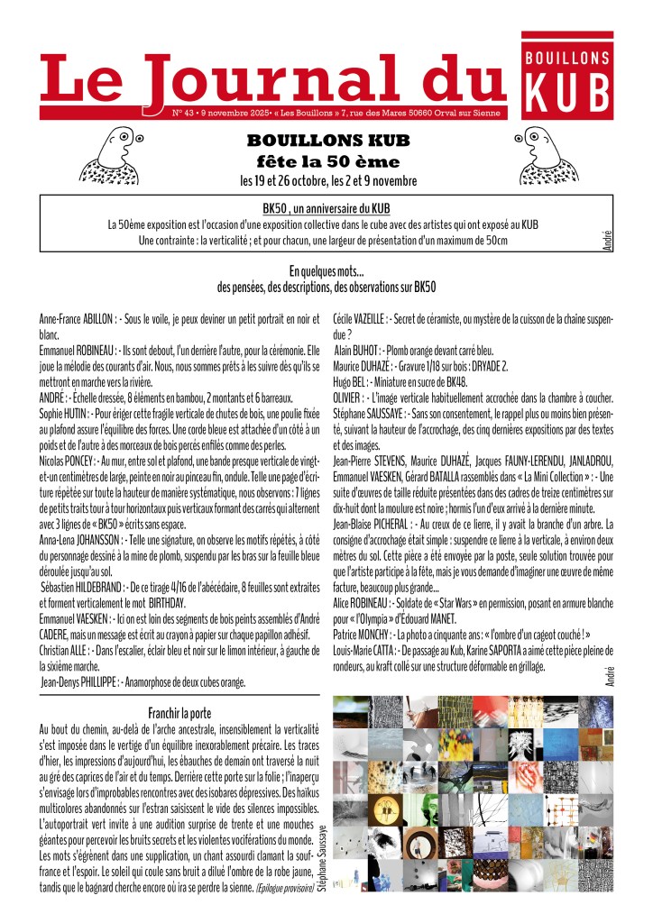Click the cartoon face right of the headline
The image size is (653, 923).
pyautogui.click(x=540, y=153)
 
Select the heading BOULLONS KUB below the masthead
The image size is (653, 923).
pyautogui.click(x=327, y=142)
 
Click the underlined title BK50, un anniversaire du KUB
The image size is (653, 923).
pyautogui.click(x=326, y=208)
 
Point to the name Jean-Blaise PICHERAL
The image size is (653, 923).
pyautogui.click(x=380, y=524)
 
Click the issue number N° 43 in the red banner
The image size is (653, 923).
pyautogui.click(x=186, y=114)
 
